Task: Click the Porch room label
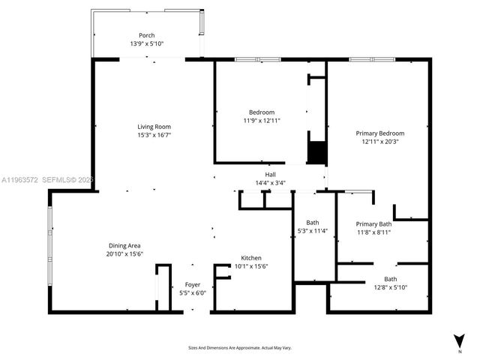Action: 146,35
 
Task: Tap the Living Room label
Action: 154,127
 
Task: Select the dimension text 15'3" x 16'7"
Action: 154,136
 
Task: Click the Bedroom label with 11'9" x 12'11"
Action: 261,112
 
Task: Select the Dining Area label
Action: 124,246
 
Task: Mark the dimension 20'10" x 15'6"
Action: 124,255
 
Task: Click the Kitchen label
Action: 250,257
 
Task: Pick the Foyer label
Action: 192,284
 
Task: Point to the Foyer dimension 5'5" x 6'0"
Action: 192,293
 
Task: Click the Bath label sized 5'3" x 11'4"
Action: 312,223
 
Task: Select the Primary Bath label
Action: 373,223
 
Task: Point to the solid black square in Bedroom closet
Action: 317,152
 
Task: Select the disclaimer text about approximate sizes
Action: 239,348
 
